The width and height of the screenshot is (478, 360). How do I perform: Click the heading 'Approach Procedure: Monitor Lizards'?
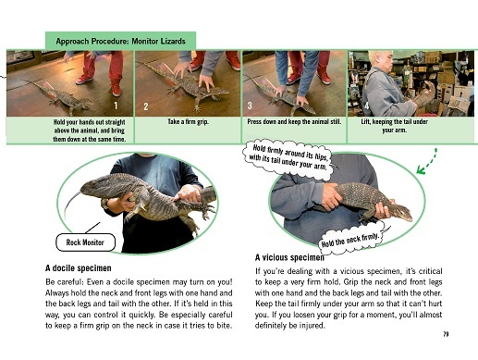(x=120, y=41)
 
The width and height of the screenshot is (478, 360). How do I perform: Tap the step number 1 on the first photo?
(x=116, y=106)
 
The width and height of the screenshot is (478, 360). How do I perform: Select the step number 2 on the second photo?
(x=146, y=106)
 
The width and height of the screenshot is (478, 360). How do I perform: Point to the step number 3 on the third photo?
(x=250, y=106)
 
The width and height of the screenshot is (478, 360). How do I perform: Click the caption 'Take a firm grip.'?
(x=188, y=121)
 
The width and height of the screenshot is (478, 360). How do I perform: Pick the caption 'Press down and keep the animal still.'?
(x=294, y=121)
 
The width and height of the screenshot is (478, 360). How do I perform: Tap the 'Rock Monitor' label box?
(x=85, y=242)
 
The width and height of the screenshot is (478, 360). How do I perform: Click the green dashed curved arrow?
(x=427, y=162)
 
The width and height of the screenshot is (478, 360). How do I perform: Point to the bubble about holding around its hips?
(x=289, y=157)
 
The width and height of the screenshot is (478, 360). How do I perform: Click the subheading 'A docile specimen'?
(x=79, y=268)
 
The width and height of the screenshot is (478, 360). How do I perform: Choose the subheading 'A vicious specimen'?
(x=289, y=257)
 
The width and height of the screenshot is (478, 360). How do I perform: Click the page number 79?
(x=446, y=334)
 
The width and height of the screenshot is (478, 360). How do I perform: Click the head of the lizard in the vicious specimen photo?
(x=401, y=212)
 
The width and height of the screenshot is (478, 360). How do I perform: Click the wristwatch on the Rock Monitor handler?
(x=105, y=204)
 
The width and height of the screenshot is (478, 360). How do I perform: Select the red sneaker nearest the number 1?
(x=116, y=89)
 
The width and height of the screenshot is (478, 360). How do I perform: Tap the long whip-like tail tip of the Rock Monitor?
(x=66, y=215)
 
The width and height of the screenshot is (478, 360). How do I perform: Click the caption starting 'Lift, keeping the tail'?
(x=394, y=126)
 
